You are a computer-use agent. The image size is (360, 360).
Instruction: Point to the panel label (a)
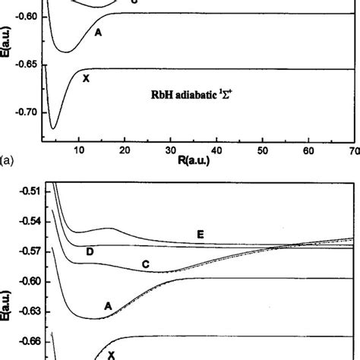click(x=7, y=161)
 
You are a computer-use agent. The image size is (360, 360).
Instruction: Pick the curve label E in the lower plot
click(x=200, y=235)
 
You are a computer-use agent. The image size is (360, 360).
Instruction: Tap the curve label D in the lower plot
click(x=90, y=251)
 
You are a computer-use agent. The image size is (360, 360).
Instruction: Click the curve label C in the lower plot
click(x=146, y=264)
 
